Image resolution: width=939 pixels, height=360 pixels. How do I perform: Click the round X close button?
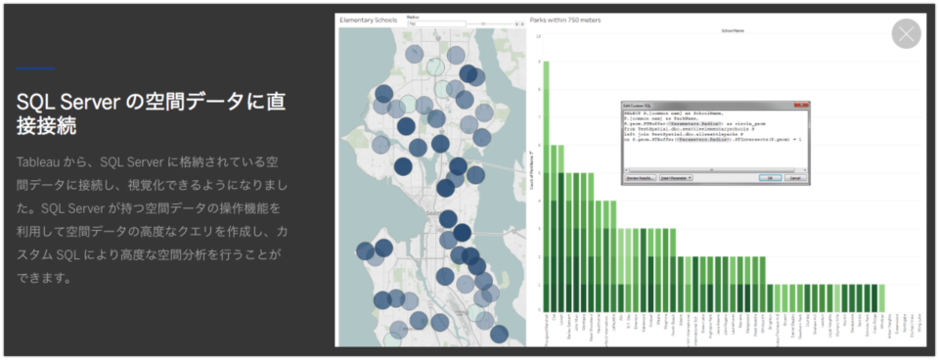(907, 33)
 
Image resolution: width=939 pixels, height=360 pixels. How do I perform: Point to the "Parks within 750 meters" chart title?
(566, 19)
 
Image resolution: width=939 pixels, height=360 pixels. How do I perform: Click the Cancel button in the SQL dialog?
(796, 178)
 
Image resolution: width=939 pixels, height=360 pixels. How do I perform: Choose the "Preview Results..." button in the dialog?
(642, 178)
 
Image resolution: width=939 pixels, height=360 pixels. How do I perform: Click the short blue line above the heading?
(35, 68)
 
